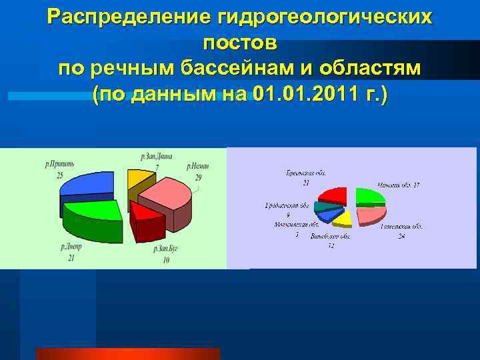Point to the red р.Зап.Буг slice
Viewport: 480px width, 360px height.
[x=146, y=220]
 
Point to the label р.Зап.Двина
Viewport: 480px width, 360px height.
[x=156, y=156]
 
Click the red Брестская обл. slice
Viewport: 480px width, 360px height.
[x=333, y=195]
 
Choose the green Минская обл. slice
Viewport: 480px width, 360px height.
[x=369, y=195]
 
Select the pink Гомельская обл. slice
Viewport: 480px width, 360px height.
[x=370, y=215]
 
